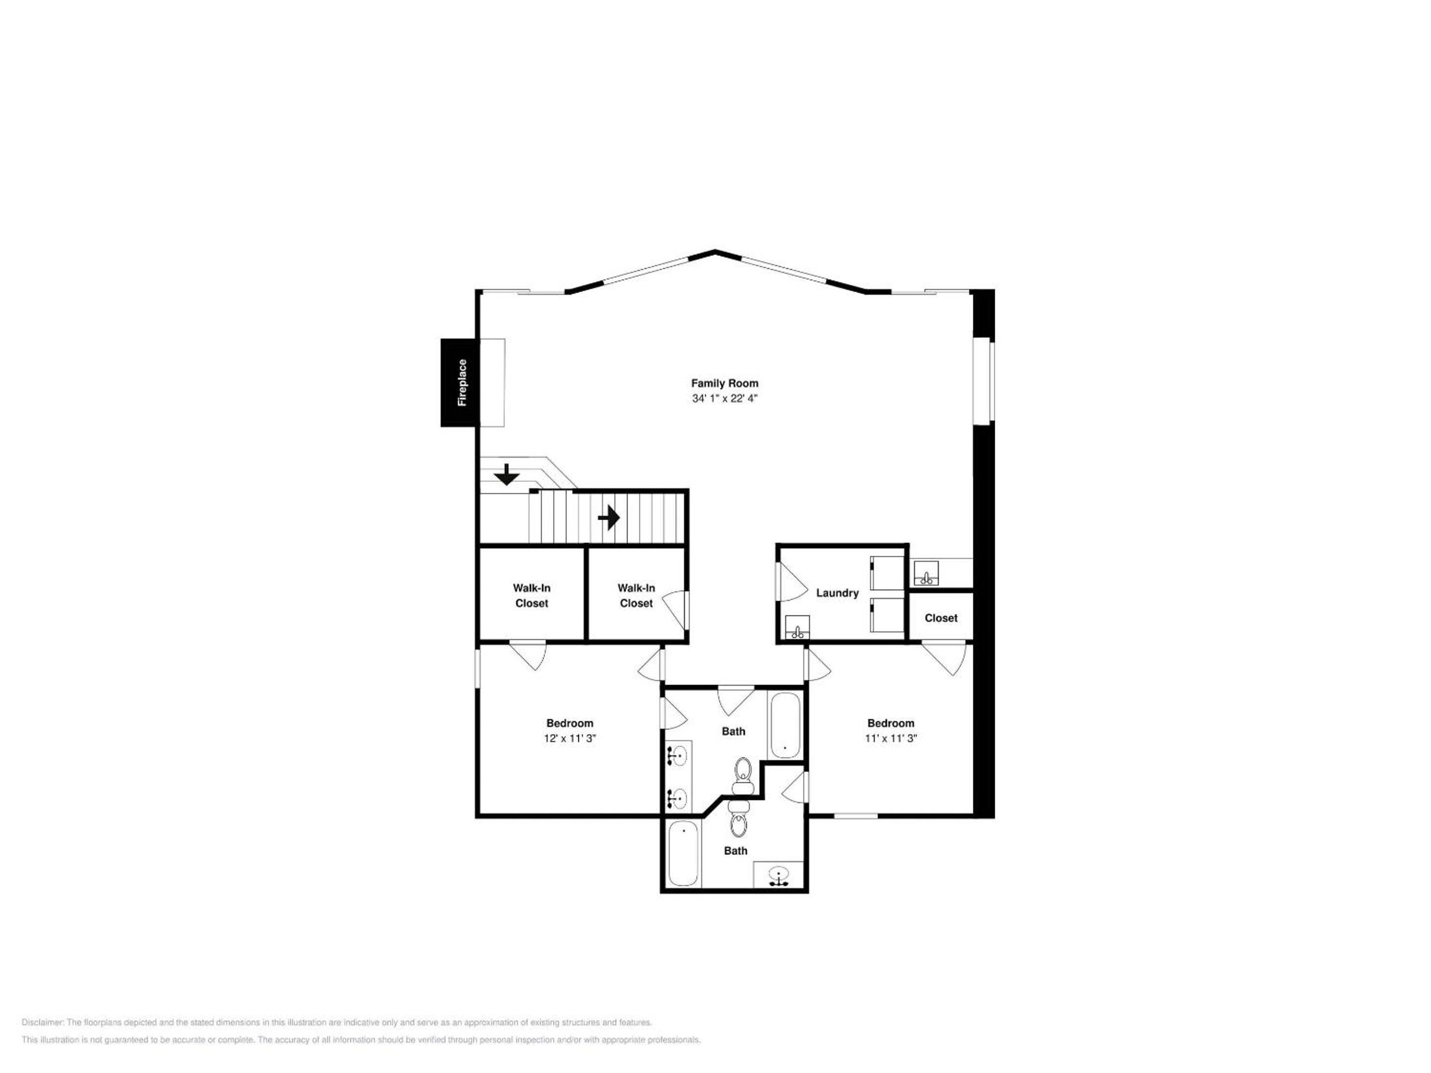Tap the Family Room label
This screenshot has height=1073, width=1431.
point(724,383)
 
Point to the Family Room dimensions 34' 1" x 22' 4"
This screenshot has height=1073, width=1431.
point(724,398)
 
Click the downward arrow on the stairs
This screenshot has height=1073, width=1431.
point(506,475)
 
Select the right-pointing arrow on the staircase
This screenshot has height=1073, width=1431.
point(609,518)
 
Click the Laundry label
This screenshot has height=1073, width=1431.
point(837,593)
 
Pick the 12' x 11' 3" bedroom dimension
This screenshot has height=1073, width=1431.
point(569,738)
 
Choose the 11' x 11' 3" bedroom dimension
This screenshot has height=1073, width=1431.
point(891,738)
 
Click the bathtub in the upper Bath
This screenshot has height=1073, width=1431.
point(785,725)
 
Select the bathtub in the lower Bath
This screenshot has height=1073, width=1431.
point(684,854)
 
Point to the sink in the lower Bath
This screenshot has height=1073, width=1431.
point(780,876)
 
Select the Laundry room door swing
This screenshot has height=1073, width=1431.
point(791,581)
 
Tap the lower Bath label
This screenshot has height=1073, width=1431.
point(735,850)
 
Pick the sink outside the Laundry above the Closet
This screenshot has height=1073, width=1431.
point(926,573)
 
